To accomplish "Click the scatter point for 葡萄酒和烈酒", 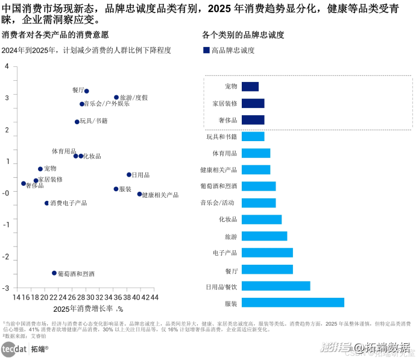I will [54, 273].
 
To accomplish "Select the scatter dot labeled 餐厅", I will [87, 91].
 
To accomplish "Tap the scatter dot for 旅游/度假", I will [116, 97].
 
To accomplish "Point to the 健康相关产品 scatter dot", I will [139, 194].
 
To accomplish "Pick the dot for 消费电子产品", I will [46, 203].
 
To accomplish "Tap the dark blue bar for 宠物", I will [250, 87].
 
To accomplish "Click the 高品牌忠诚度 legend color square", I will [206, 51].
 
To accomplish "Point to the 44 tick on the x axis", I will [154, 297].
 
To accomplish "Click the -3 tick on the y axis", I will [6, 289].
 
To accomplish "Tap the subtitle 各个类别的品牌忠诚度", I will [243, 35].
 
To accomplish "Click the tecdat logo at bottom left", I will [13, 349].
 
